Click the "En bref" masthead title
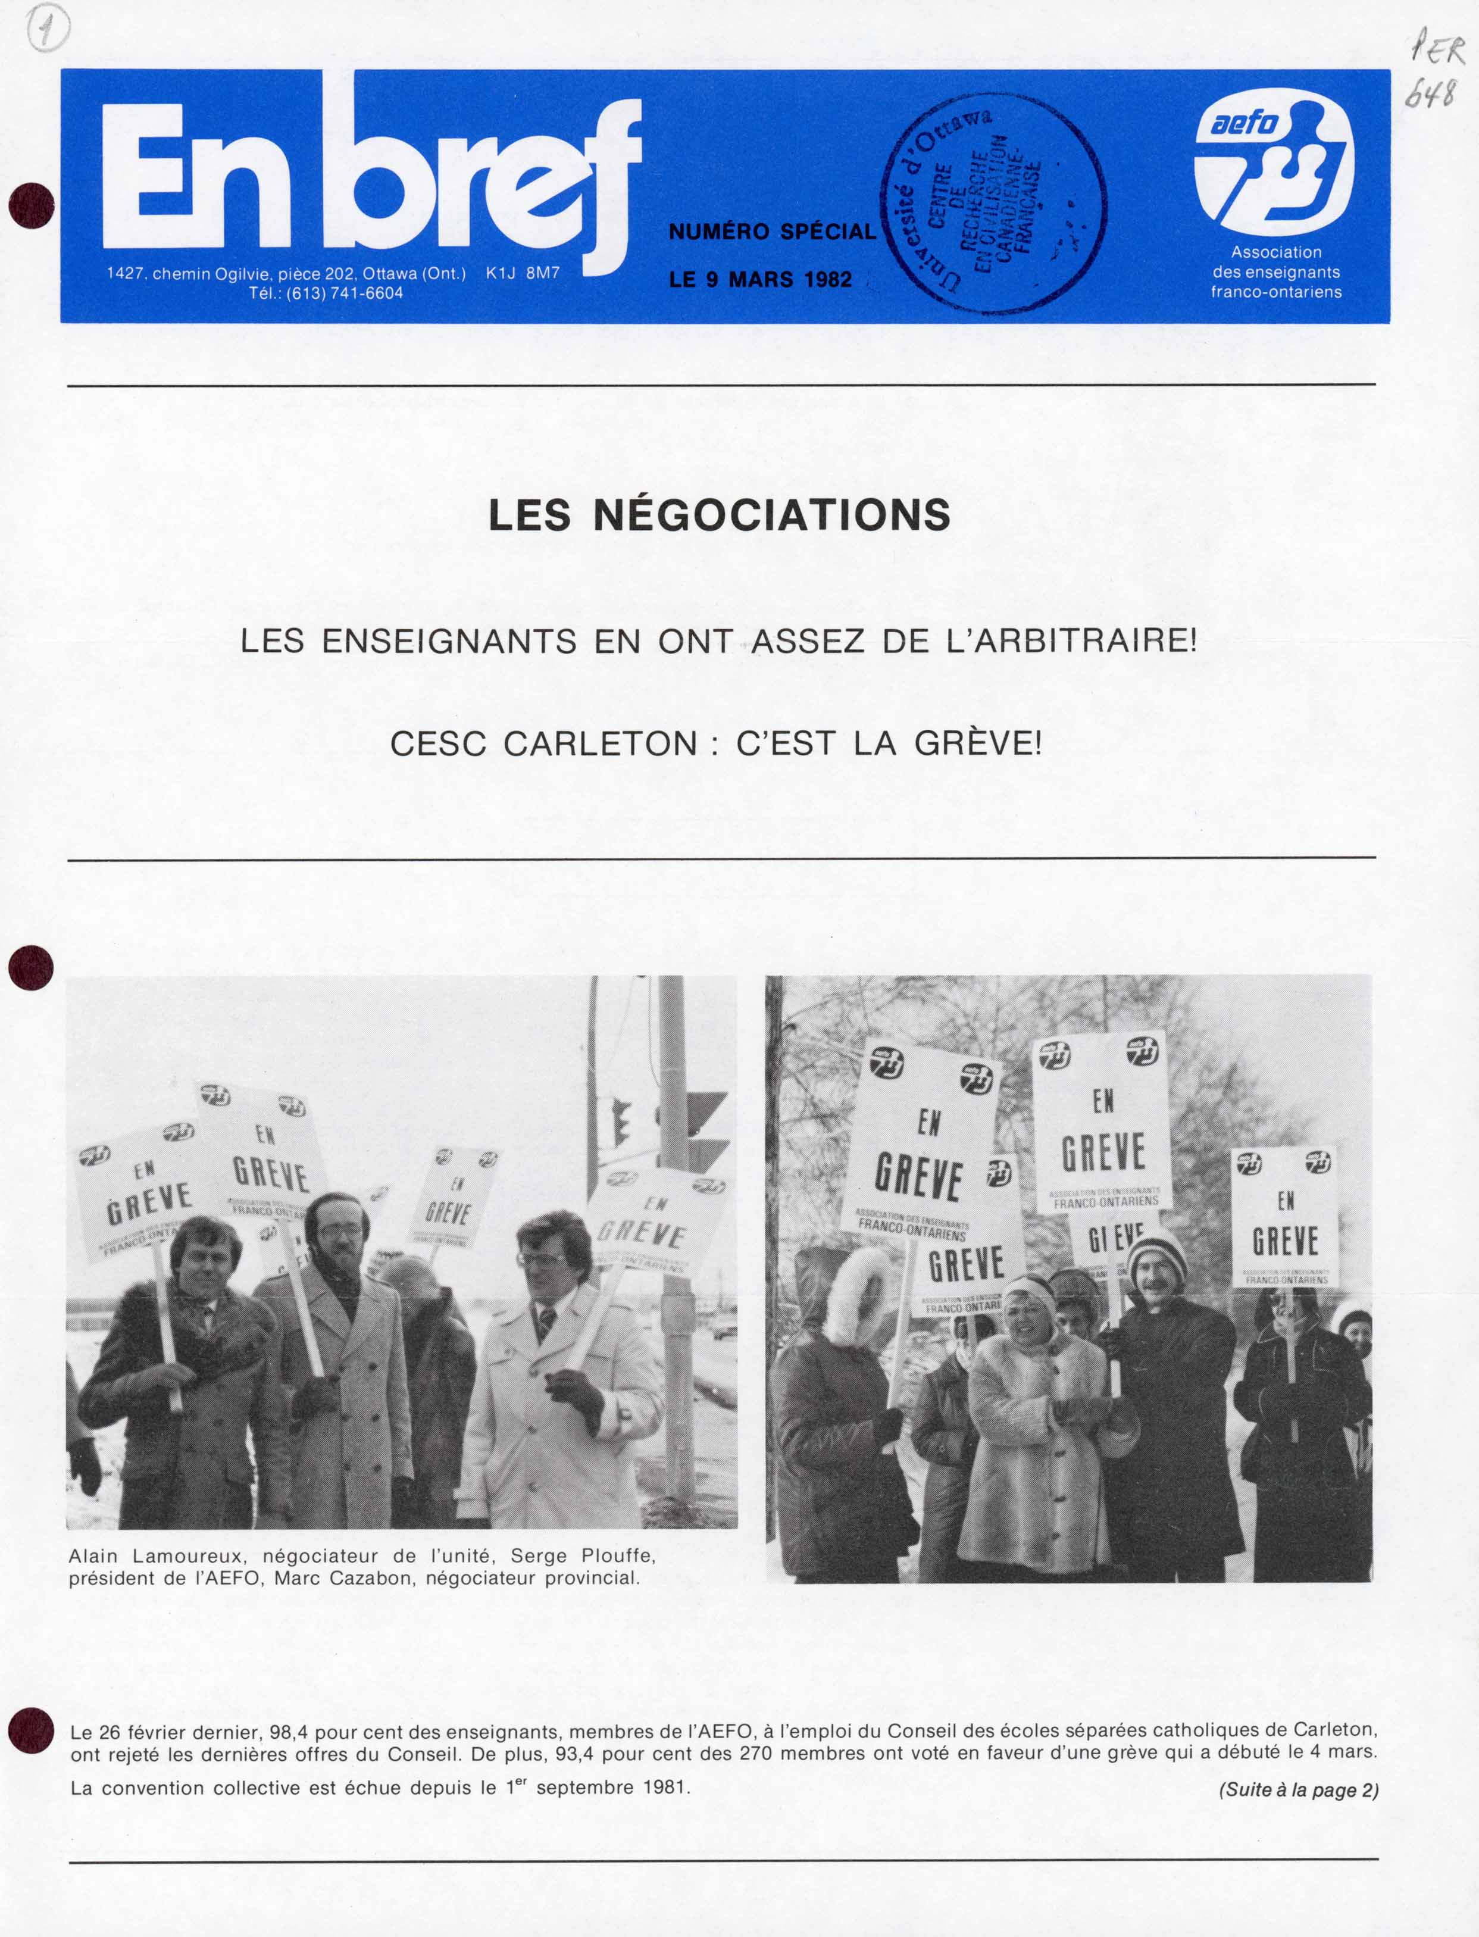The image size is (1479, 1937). pyautogui.click(x=370, y=176)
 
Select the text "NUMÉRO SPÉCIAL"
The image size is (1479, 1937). pyautogui.click(x=772, y=232)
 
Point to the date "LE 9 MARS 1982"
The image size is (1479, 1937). pyautogui.click(x=761, y=280)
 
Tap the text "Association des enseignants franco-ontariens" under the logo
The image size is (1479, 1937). pyautogui.click(x=1275, y=272)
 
